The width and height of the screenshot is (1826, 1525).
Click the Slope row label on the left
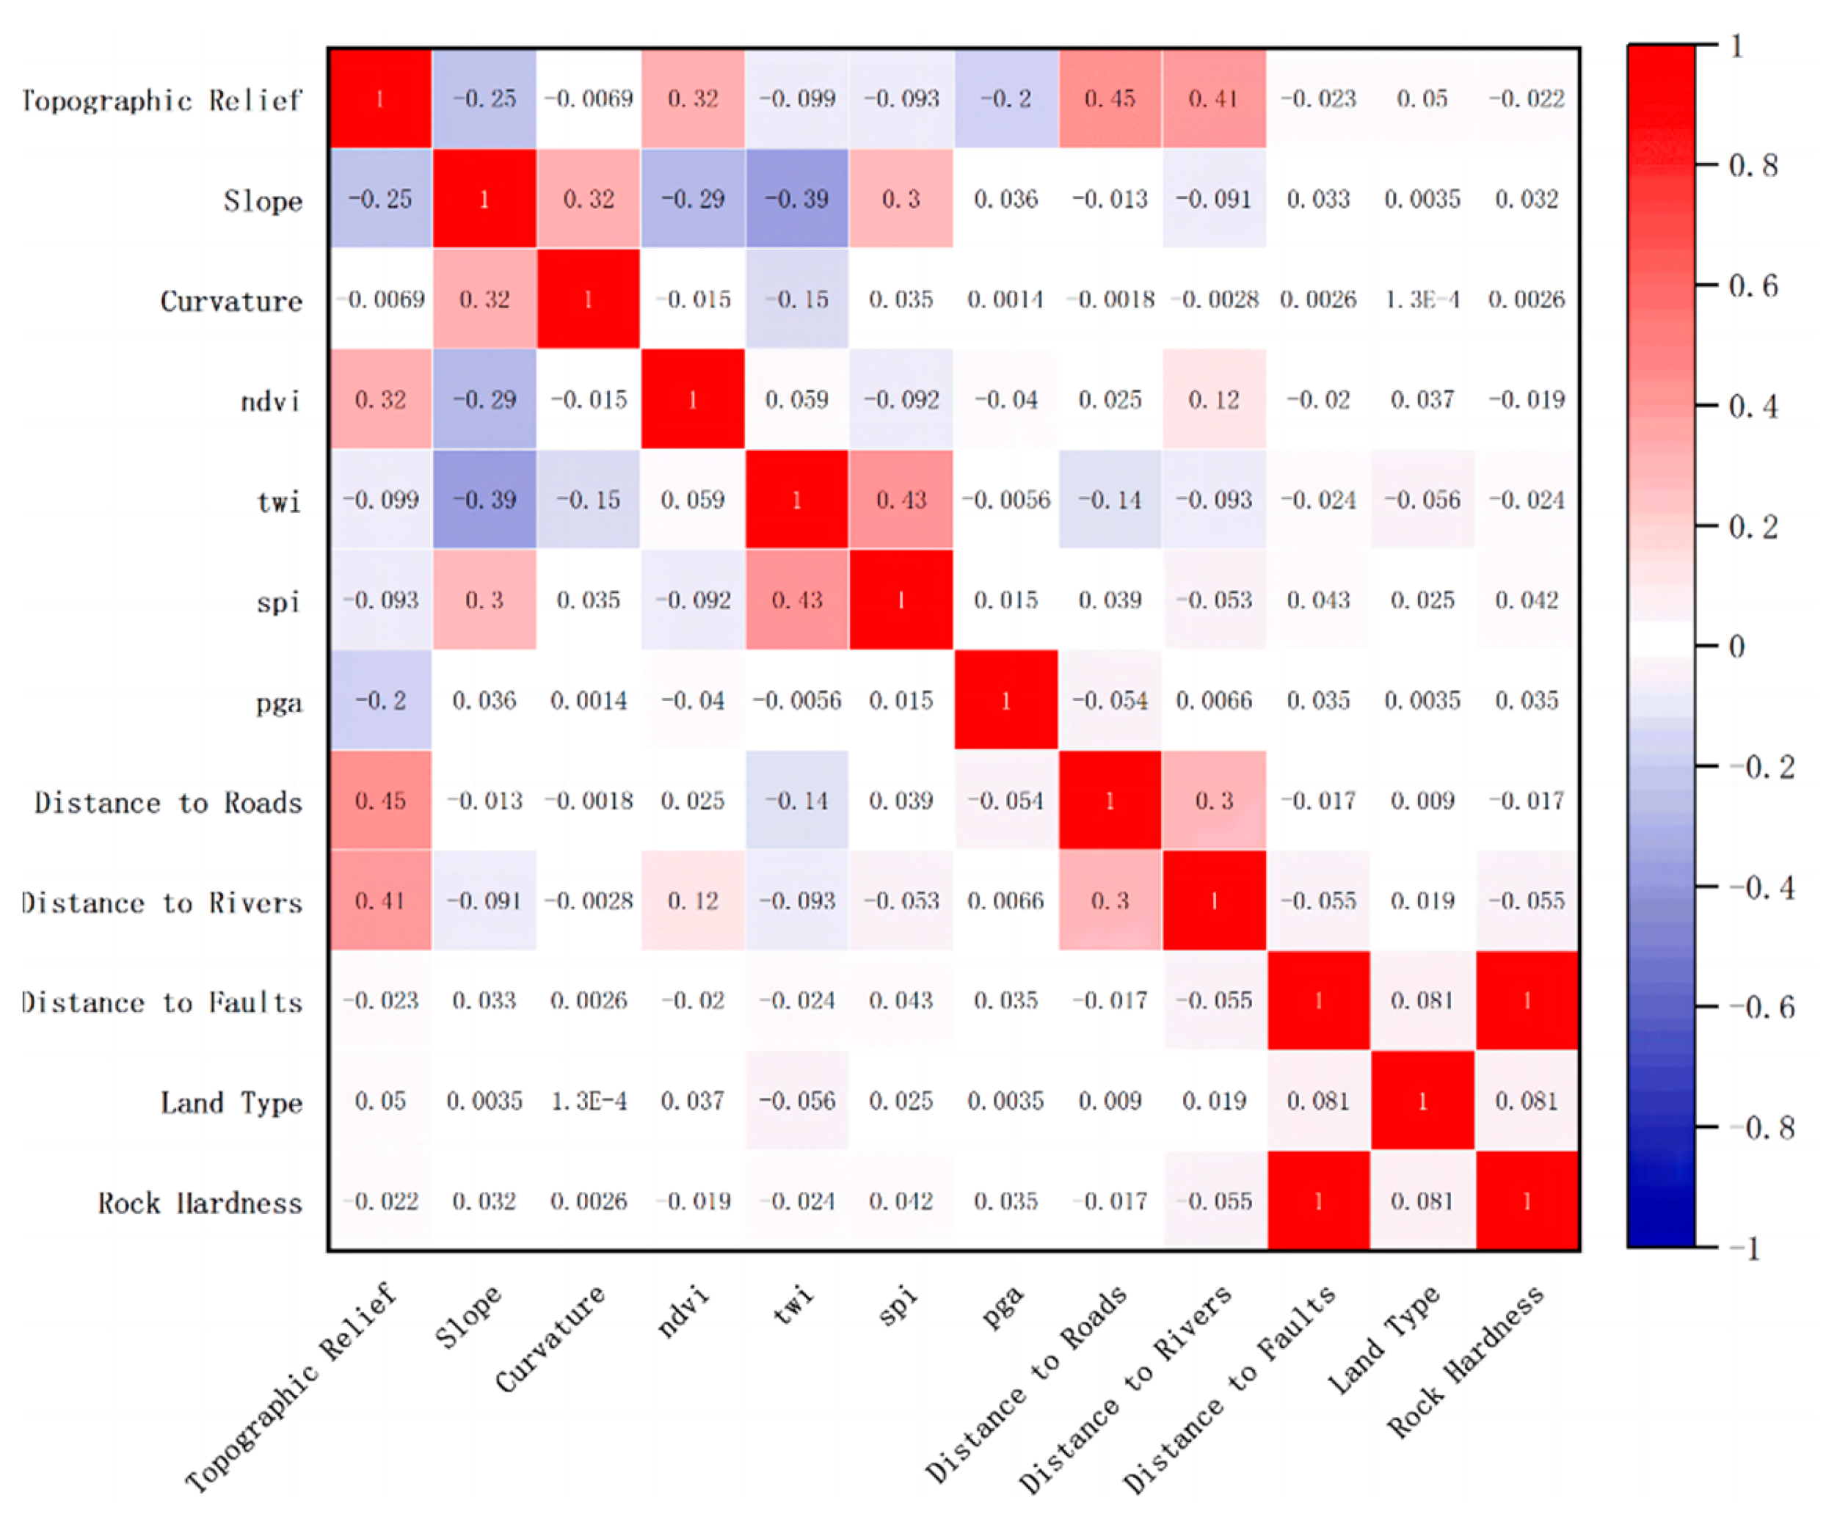click(x=263, y=201)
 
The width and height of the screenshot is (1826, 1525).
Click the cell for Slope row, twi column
click(x=796, y=198)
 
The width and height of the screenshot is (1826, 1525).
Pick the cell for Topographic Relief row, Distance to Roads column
click(x=1110, y=98)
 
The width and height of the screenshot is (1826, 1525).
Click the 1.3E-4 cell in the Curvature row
click(x=1422, y=299)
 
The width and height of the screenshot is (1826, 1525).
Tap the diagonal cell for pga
click(x=1006, y=700)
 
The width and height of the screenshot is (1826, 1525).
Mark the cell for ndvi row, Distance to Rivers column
click(x=1214, y=399)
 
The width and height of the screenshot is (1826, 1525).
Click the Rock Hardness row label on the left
click(x=200, y=1204)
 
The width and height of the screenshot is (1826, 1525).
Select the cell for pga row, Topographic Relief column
click(x=380, y=700)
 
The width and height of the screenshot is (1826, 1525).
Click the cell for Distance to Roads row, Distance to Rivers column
click(x=1214, y=800)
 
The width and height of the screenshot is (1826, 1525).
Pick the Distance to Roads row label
click(x=169, y=802)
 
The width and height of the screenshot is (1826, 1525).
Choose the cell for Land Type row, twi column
click(x=796, y=1101)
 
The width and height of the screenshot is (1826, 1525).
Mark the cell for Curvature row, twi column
click(x=796, y=299)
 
